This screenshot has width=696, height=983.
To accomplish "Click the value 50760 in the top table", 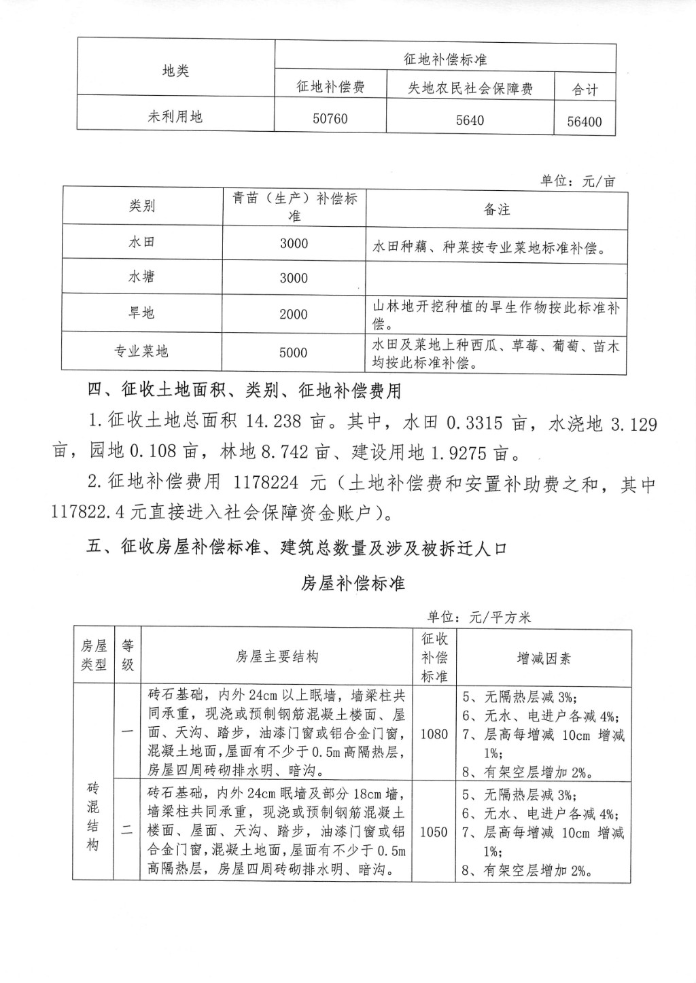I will (330, 119).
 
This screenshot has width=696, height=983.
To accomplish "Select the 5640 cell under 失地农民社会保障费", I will (470, 120).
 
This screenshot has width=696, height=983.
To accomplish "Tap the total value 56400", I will (585, 122).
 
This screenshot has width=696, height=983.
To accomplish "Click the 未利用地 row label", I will (175, 116).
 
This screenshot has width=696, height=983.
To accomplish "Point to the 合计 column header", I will (585, 90).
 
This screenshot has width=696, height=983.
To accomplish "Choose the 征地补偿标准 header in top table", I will (445, 59).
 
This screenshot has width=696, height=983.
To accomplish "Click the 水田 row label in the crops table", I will (141, 243).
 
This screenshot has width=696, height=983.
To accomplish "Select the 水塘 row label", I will (141, 277).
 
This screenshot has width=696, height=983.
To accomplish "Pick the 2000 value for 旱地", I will (294, 315).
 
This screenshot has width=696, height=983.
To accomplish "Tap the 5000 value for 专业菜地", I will (294, 353).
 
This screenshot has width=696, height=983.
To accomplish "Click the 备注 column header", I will (496, 210).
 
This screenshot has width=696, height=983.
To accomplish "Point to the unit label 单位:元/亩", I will (578, 181).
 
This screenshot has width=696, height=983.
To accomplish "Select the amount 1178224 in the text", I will (266, 483).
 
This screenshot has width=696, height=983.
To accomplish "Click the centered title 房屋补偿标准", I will (353, 583).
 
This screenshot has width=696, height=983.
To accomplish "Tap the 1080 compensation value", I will (434, 734).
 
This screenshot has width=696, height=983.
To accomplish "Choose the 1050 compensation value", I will (434, 832).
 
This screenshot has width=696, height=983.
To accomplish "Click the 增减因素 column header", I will (544, 658).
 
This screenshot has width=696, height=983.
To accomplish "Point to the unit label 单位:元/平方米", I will (478, 617).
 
